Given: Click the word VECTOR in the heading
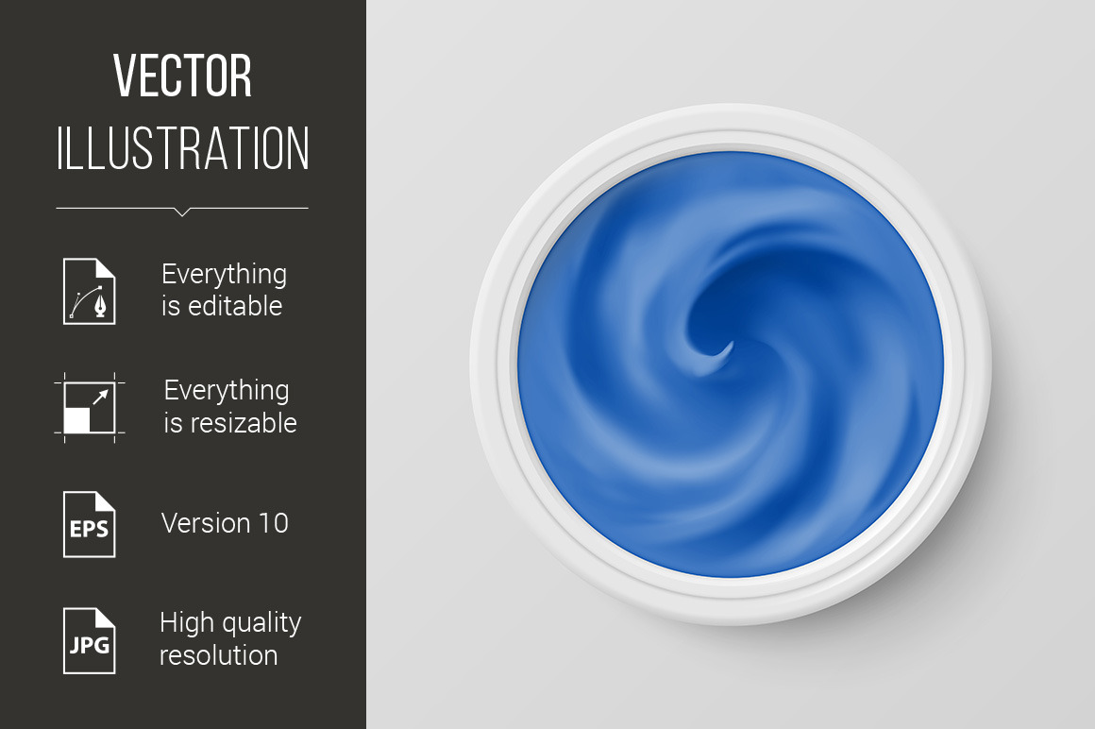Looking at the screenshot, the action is coord(182,76).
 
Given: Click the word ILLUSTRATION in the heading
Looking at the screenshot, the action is coord(182,148).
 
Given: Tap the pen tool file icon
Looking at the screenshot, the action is coord(90,291).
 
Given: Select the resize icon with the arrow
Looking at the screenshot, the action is coord(90,408).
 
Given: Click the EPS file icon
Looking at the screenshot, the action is coord(90,524).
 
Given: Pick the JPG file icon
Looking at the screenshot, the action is coord(90,641).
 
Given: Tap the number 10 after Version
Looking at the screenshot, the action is coord(273,523).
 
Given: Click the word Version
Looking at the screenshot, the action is coord(206,523).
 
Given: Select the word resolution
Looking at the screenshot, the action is coord(219,655).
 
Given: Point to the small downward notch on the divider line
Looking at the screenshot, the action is coord(182,212).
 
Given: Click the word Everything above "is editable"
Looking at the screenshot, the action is coord(224,275).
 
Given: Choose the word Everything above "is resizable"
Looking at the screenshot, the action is coord(227,391).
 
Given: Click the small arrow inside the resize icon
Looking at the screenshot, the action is coord(101,397).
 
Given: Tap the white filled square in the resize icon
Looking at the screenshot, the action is coord(76,420).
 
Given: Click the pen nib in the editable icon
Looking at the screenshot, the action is coord(101,307).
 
